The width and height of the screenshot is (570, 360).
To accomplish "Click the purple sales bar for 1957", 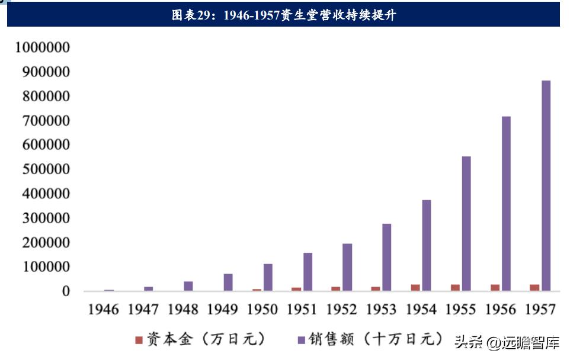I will tap(546, 186).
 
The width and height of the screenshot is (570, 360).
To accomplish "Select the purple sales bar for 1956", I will tap(506, 204).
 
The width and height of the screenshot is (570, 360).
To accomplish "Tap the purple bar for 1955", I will tap(466, 224).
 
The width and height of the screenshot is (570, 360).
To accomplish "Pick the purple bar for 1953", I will tap(386, 257).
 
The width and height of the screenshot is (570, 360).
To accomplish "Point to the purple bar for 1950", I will tap(268, 277).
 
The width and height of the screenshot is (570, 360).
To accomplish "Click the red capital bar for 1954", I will tap(415, 288).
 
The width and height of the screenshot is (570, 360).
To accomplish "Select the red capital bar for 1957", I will tap(534, 288).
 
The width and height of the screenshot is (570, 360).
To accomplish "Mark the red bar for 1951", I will tap(296, 289).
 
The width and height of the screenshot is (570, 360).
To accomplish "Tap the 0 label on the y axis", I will tap(66, 291).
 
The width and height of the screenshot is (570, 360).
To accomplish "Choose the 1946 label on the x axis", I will tap(103, 309).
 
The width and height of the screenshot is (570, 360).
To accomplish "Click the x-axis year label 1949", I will tap(223, 309).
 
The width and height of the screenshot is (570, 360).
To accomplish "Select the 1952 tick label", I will tap(342, 309).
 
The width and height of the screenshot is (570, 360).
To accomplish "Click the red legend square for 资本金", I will tap(139, 340).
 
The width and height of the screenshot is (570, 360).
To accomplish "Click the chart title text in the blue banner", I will tap(284, 15).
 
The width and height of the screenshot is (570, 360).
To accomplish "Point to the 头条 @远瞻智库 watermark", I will tap(507, 341).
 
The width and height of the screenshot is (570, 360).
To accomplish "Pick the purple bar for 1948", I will tap(188, 286).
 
